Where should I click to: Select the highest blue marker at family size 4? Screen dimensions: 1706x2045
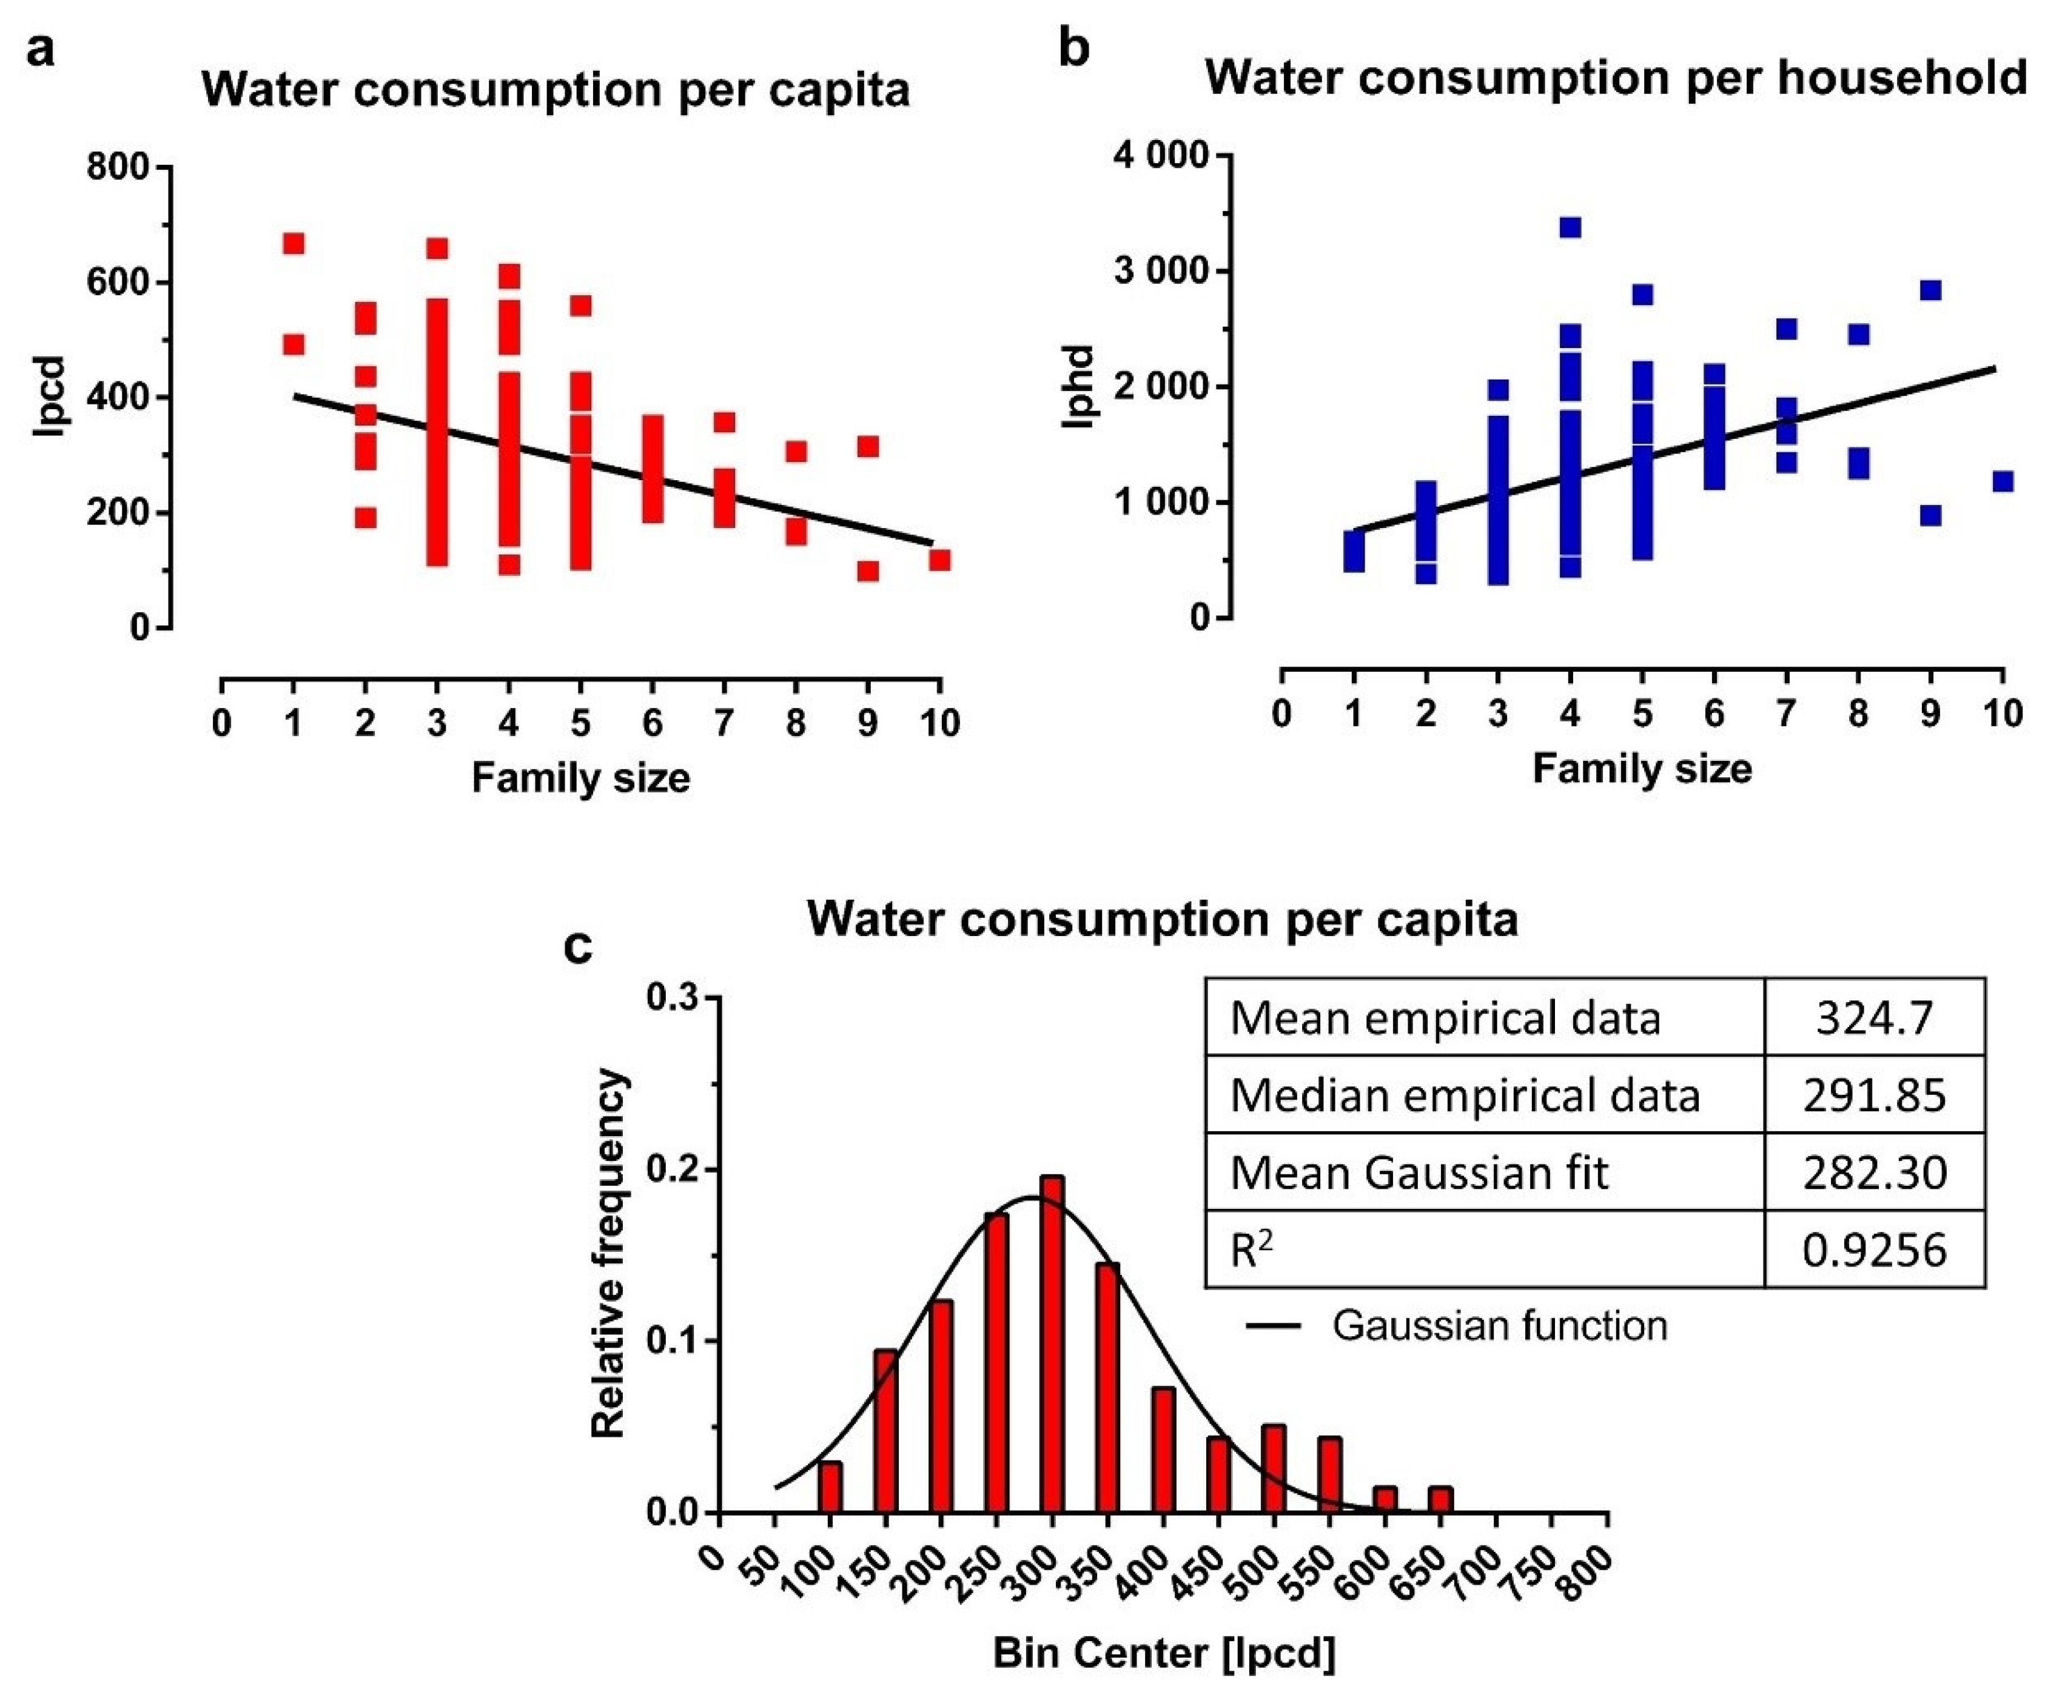1570,227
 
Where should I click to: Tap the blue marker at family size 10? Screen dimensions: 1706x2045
2002,481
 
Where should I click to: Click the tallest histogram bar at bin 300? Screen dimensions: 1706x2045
1052,1344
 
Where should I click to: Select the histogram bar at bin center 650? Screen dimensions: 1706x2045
1441,1499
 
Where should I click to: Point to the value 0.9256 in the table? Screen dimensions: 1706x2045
1873,1250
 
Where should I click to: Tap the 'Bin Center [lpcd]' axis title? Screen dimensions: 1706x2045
1164,1653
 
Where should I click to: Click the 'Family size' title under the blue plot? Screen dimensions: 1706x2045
1642,769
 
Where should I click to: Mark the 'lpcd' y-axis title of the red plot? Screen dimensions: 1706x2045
49,396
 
